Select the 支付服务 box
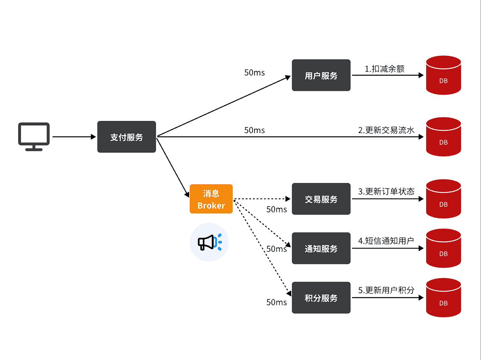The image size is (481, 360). point(126,137)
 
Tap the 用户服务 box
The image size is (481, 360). point(321,76)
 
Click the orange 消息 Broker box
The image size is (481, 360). point(211,199)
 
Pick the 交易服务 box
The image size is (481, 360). point(321,199)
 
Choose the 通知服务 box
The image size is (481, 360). point(321,248)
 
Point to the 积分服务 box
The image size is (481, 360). point(321,298)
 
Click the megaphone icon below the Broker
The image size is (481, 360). point(209,242)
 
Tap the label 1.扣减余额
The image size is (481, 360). point(384,69)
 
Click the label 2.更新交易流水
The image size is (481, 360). point(386,130)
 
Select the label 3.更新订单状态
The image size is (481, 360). point(386,191)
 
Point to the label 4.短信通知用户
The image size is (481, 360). point(386,241)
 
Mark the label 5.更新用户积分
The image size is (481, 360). point(386,290)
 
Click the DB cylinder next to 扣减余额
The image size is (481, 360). point(443,76)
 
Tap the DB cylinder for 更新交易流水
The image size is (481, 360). point(443,137)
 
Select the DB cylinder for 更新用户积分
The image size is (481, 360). point(443,298)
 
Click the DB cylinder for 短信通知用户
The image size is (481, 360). point(443,248)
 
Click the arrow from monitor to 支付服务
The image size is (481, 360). point(74,137)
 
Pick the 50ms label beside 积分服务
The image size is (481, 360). point(276,302)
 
